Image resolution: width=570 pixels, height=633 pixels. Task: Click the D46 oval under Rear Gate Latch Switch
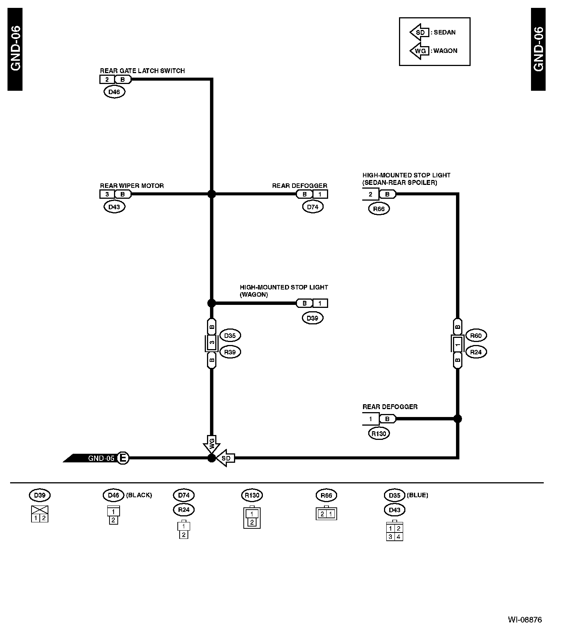[114, 92]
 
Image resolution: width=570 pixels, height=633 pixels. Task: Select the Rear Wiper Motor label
[132, 186]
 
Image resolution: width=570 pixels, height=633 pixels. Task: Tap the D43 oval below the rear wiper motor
[114, 207]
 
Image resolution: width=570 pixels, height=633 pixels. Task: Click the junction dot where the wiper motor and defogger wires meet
[211, 194]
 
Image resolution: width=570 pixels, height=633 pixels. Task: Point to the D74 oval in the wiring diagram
[312, 207]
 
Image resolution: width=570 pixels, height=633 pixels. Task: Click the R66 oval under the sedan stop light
[379, 209]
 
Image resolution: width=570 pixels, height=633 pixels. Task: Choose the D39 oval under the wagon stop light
[312, 318]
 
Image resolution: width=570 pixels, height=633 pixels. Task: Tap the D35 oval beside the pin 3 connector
[230, 336]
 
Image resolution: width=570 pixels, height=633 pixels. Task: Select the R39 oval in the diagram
[230, 352]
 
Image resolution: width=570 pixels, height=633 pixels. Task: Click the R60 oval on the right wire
[475, 336]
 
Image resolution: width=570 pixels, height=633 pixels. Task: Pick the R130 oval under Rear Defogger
[379, 433]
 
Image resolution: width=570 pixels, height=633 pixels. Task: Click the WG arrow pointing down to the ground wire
[211, 444]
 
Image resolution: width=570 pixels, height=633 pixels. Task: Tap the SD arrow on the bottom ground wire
[226, 458]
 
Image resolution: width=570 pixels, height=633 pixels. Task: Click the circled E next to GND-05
[123, 458]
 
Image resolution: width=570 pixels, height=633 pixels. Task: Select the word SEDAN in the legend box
[444, 32]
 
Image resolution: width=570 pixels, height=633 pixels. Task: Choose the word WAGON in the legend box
[445, 51]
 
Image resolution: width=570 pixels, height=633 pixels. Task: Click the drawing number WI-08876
[525, 619]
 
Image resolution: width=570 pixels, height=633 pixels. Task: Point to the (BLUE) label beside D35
[417, 495]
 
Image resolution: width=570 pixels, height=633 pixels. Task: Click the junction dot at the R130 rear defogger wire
[457, 418]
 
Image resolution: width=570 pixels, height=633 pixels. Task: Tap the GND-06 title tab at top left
[15, 49]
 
